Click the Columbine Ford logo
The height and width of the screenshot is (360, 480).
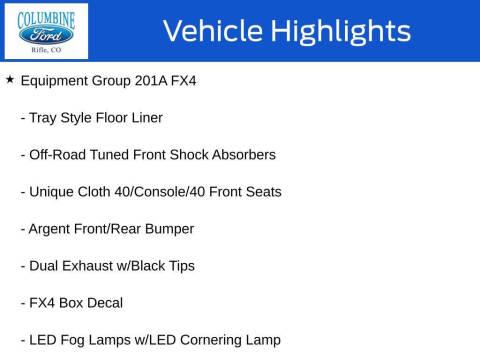[x=46, y=31]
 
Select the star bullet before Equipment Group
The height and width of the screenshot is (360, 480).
[x=9, y=79]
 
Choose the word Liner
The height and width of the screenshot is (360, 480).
[x=143, y=117]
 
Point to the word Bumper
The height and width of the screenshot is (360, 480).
[x=167, y=229]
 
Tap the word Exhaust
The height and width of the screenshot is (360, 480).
[x=91, y=266]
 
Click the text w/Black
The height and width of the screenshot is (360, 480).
[x=145, y=266]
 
